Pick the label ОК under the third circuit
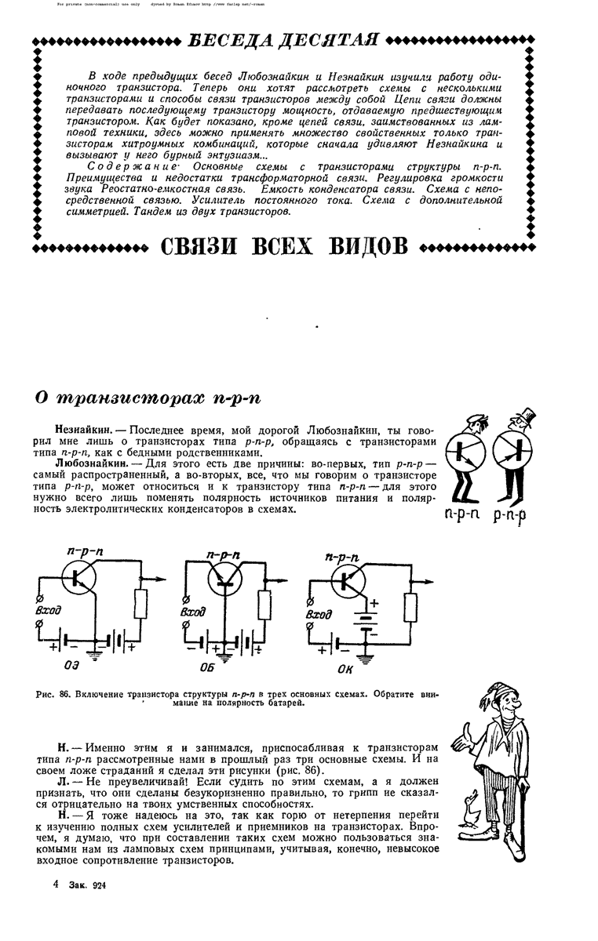coord(346,668)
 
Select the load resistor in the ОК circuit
coord(411,607)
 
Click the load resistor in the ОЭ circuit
coord(141,602)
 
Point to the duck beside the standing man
coord(471,808)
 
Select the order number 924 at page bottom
coord(98,885)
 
